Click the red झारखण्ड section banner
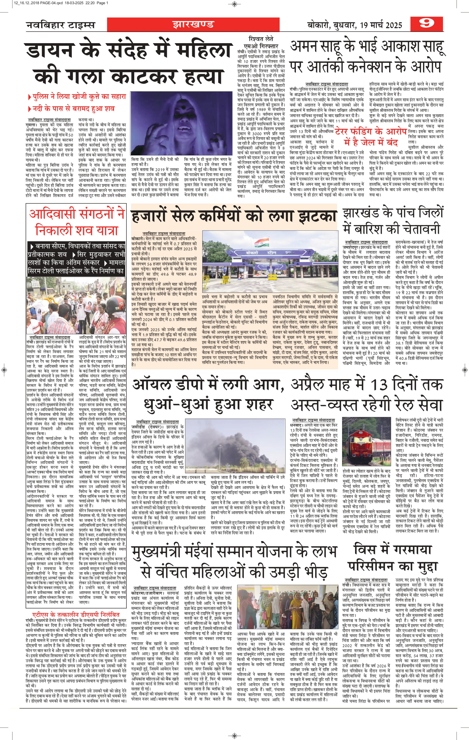(x=193, y=24)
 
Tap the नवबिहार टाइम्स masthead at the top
(x=61, y=25)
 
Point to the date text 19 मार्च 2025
(x=381, y=25)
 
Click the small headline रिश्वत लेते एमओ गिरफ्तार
(x=261, y=42)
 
